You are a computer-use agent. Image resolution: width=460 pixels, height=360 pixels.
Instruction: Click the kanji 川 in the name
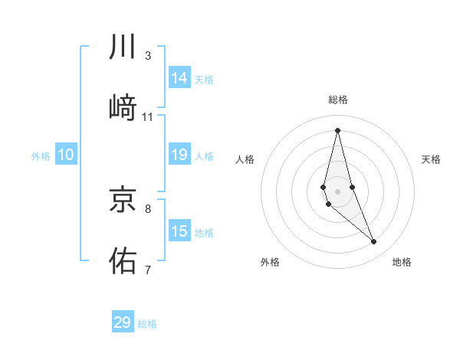(x=123, y=47)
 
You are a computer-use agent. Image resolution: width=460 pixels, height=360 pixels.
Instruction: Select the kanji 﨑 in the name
(x=123, y=108)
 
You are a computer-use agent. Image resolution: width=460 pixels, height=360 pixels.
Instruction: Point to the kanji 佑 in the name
(x=123, y=260)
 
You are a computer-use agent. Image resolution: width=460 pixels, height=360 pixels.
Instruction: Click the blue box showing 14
(x=179, y=78)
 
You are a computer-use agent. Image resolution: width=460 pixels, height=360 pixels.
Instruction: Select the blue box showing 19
(x=179, y=155)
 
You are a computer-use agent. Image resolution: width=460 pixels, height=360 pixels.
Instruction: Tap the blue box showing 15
(x=179, y=231)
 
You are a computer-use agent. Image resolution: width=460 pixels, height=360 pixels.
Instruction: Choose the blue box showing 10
(x=66, y=155)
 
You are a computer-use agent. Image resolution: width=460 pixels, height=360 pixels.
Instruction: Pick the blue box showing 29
(x=123, y=322)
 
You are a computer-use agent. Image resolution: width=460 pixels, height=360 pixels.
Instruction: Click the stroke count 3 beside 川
(x=148, y=56)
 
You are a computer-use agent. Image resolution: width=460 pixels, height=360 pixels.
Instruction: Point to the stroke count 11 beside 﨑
(x=148, y=117)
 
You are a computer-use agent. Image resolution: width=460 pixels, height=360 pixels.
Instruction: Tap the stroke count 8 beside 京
(x=148, y=208)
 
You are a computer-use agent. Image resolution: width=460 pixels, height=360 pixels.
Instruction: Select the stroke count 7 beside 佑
(x=148, y=269)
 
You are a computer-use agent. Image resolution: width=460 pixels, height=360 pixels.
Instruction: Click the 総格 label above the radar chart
(x=338, y=100)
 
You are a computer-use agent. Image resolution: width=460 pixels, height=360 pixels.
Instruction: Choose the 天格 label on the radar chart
(x=431, y=159)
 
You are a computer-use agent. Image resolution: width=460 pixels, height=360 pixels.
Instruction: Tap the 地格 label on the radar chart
(x=402, y=262)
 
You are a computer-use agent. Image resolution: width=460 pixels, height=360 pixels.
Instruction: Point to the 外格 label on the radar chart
(x=270, y=262)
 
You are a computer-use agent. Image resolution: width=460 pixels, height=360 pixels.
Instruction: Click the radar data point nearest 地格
(x=374, y=242)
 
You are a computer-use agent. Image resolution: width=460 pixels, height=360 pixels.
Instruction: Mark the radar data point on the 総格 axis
(x=338, y=130)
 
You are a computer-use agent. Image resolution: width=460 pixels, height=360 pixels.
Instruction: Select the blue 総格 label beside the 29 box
(x=147, y=324)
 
